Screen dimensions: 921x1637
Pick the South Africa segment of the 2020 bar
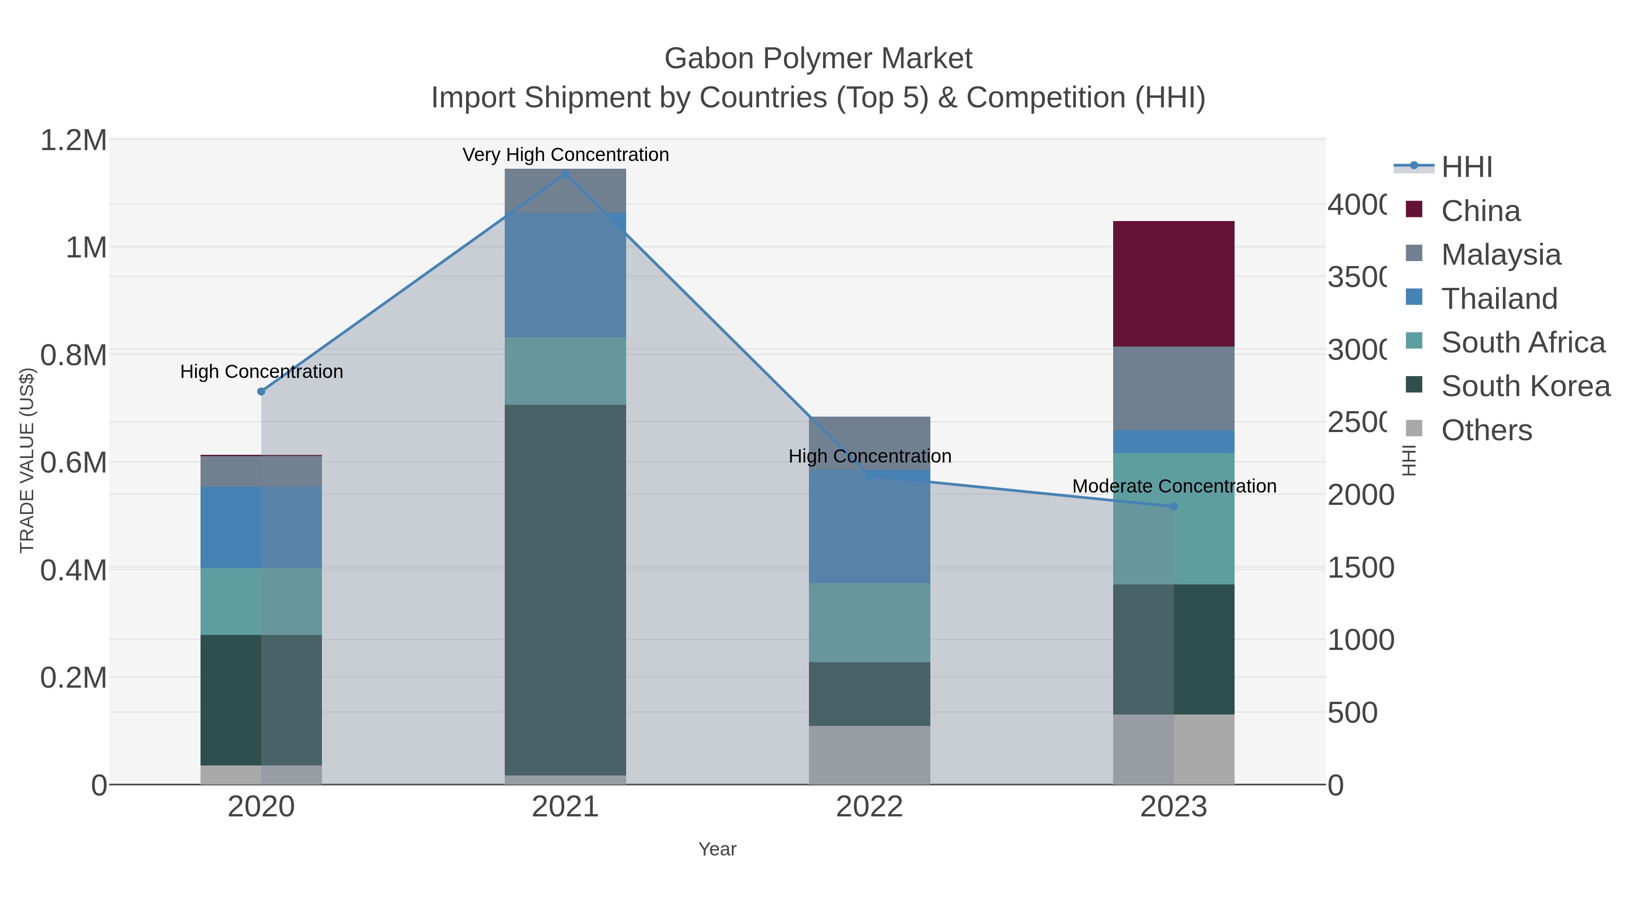pyautogui.click(x=261, y=601)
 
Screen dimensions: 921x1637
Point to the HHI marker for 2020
pyautogui.click(x=261, y=392)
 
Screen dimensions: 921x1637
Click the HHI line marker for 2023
pyautogui.click(x=1173, y=507)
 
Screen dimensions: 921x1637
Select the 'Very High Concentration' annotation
pyautogui.click(x=565, y=155)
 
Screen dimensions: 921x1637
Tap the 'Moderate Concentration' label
pyautogui.click(x=1174, y=486)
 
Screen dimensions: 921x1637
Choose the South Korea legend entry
pyautogui.click(x=1525, y=387)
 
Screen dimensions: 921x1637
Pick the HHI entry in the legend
pyautogui.click(x=1466, y=167)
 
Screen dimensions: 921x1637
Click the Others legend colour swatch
pyautogui.click(x=1413, y=428)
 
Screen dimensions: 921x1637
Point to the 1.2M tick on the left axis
pyautogui.click(x=74, y=141)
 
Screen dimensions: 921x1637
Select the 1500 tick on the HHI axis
pyautogui.click(x=1360, y=568)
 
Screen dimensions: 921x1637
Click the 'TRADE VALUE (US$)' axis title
pyautogui.click(x=27, y=460)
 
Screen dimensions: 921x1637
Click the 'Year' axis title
pyautogui.click(x=717, y=849)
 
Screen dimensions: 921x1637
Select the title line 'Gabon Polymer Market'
pyautogui.click(x=818, y=59)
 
